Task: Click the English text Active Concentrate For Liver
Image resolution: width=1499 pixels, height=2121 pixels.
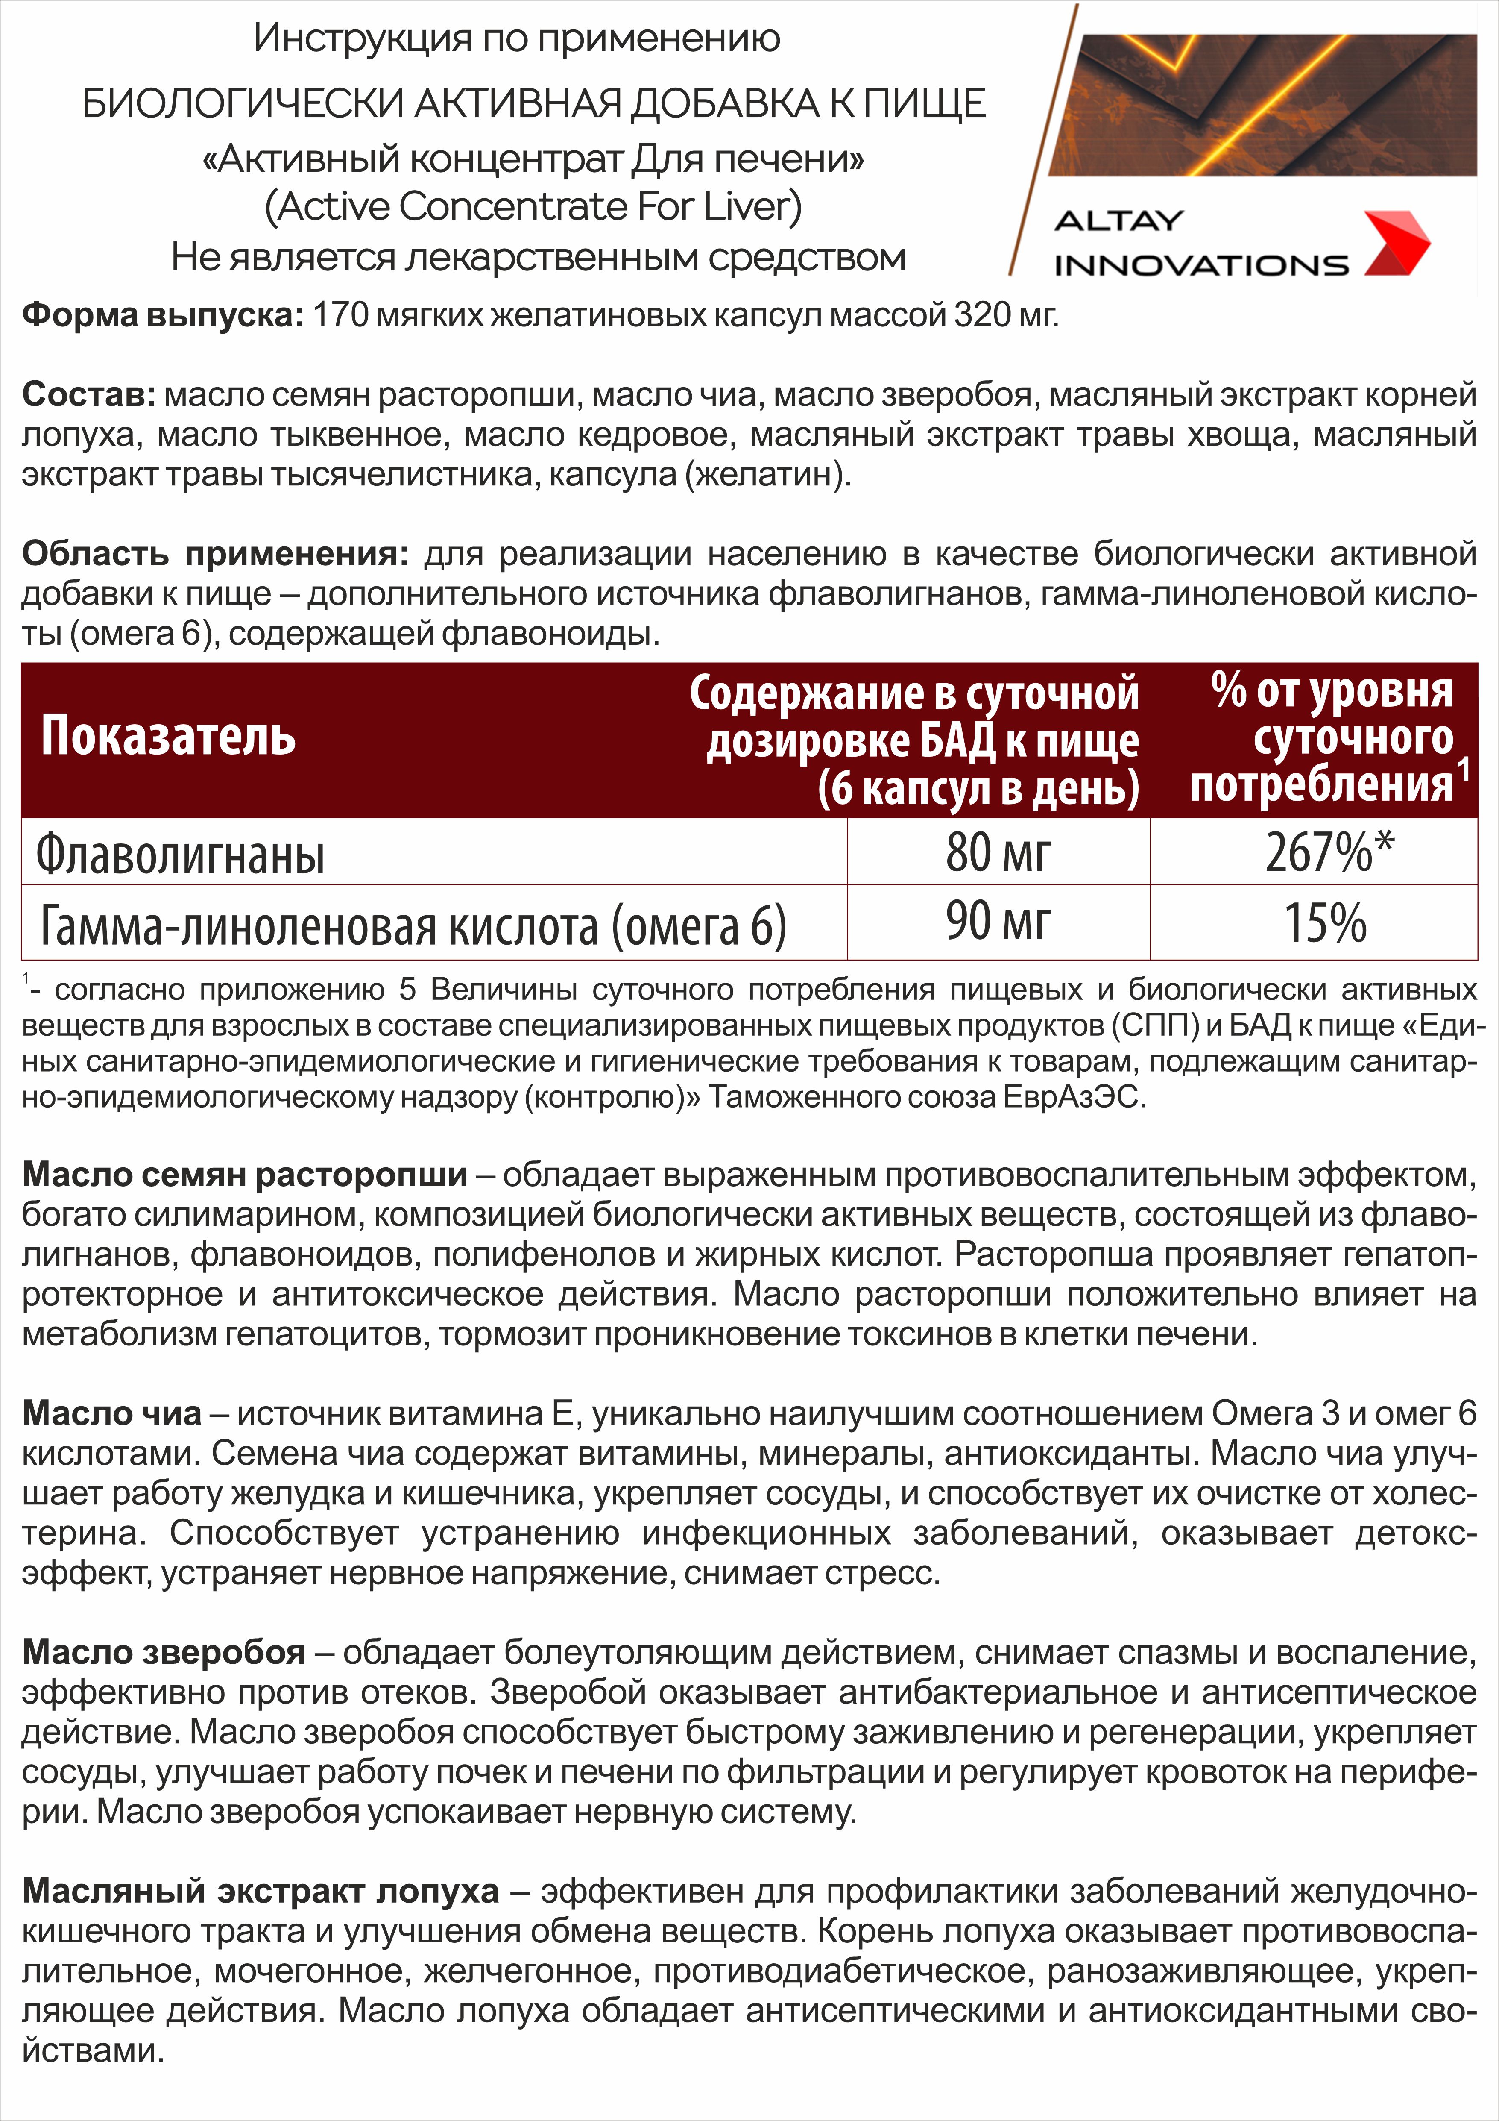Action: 533,207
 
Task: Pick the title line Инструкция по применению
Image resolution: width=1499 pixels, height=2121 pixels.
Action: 517,39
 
